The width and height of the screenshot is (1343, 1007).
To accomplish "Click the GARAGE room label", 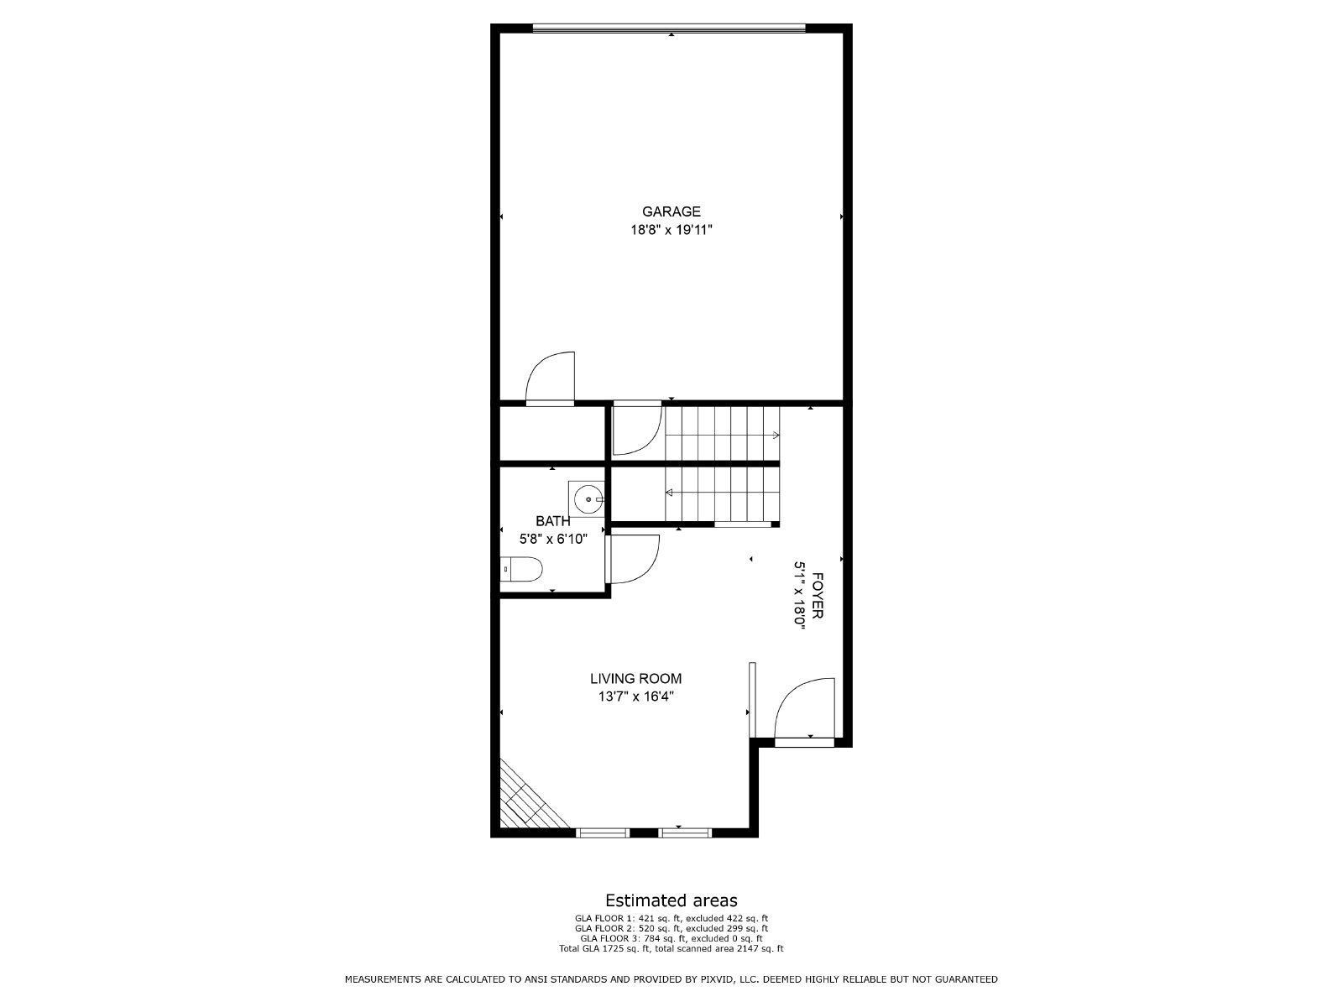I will pyautogui.click(x=671, y=211).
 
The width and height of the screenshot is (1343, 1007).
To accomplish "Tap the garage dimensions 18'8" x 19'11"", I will pyautogui.click(x=671, y=229).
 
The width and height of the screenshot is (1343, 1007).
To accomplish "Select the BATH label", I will pyautogui.click(x=552, y=521).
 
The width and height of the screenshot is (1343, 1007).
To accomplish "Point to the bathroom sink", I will pyautogui.click(x=588, y=499).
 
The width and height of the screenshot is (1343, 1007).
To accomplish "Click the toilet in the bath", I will pyautogui.click(x=522, y=570).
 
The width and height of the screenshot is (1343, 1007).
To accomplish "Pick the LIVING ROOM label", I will pyautogui.click(x=635, y=679).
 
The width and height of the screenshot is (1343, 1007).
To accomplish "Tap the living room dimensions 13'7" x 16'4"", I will pyautogui.click(x=635, y=696).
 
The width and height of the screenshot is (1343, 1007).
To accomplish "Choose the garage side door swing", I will pyautogui.click(x=551, y=378).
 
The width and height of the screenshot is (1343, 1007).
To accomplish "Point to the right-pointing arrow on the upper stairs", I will pyautogui.click(x=775, y=435).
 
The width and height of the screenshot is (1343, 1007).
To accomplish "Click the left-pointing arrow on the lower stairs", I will pyautogui.click(x=670, y=493).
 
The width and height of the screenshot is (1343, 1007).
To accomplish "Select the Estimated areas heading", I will pyautogui.click(x=671, y=901).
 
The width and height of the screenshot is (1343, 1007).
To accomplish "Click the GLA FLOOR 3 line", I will pyautogui.click(x=671, y=938).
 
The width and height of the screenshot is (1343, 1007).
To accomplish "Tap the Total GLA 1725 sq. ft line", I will pyautogui.click(x=671, y=948).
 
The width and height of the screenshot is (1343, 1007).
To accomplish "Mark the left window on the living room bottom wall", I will pyautogui.click(x=603, y=832).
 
